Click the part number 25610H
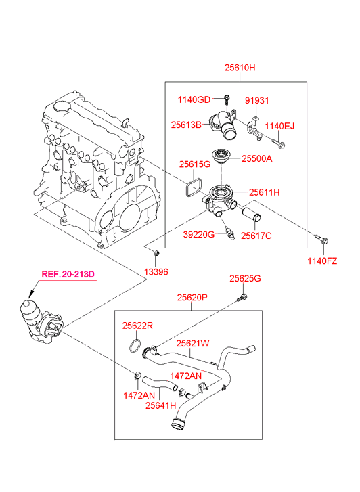coord(240,68)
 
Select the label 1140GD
coord(194,99)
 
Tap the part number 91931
coord(256,100)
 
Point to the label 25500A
coord(256,159)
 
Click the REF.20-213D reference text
coord(68,274)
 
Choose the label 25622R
coord(137,326)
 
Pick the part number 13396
coord(156,272)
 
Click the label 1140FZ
coord(322,261)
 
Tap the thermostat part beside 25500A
coord(221,156)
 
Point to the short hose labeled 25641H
coord(160,384)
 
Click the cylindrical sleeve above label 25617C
coord(252,214)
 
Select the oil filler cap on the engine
coord(62,106)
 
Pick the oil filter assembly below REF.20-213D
coord(41,322)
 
